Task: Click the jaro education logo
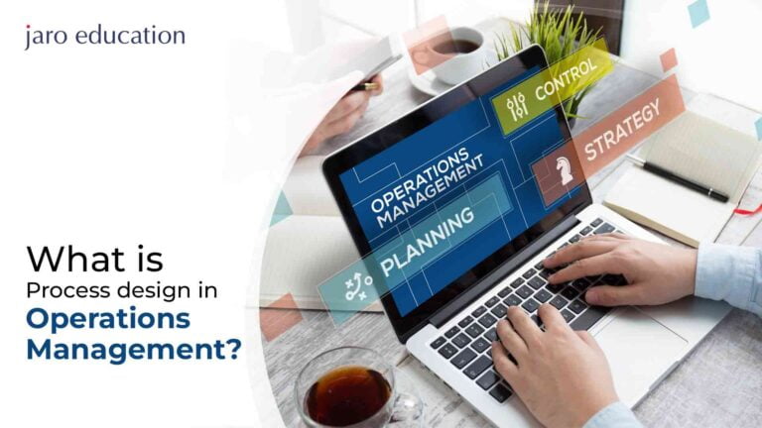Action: [x=104, y=37]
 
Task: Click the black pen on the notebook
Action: [x=685, y=181]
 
